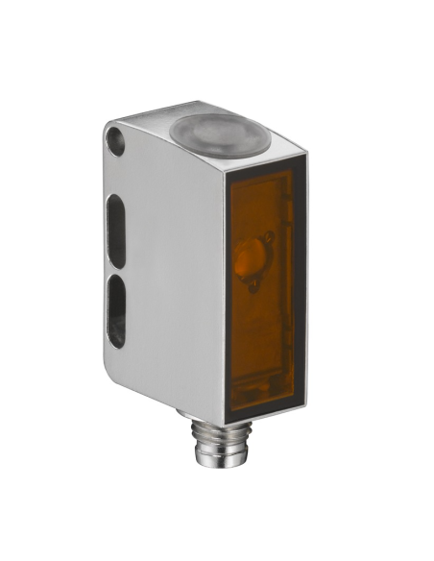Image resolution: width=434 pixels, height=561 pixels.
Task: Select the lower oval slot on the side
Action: click(x=115, y=308)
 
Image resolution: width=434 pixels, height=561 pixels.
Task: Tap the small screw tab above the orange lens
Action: click(x=270, y=237)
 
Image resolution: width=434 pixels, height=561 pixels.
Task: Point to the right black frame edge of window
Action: click(x=300, y=288)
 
